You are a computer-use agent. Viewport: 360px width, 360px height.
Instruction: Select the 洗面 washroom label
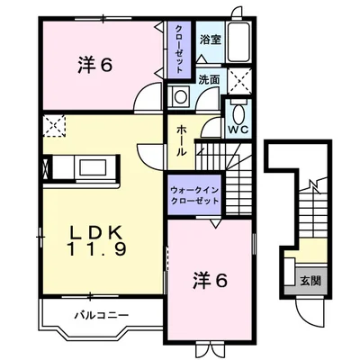click(x=208, y=79)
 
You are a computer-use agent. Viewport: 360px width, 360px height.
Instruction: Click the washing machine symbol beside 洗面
click(x=180, y=97)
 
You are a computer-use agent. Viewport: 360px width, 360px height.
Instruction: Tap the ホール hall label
click(x=182, y=140)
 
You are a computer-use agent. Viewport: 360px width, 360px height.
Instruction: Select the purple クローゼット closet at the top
click(x=178, y=53)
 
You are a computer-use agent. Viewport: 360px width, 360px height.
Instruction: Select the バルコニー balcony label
click(x=99, y=315)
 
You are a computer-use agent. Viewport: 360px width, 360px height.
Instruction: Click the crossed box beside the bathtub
click(x=239, y=79)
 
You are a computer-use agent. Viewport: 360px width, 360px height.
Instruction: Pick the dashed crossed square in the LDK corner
click(x=55, y=127)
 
